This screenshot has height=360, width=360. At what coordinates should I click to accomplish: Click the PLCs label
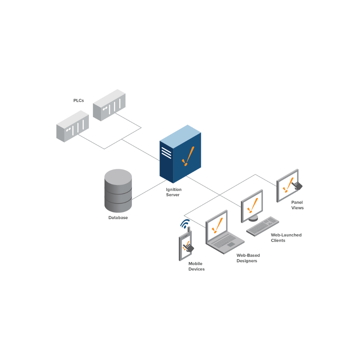coord(79,100)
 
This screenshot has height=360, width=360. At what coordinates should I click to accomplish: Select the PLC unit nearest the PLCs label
coord(109,105)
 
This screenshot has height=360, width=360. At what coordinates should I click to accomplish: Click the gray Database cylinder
coord(118,191)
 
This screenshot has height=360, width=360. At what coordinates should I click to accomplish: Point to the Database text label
coord(118,218)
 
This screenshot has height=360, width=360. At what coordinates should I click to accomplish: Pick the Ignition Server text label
coord(174,192)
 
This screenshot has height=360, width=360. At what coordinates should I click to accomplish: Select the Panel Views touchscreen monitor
coord(287,186)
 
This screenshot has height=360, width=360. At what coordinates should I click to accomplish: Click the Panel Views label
coord(297,205)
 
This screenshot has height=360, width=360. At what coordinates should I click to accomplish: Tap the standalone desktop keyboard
coord(263,226)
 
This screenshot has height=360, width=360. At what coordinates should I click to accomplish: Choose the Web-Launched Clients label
coord(286,238)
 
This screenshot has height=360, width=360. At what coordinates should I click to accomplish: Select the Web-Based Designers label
coord(248,258)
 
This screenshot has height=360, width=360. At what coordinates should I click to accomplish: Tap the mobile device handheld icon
coord(185,246)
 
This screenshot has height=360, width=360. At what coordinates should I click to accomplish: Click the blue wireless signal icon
coord(185,224)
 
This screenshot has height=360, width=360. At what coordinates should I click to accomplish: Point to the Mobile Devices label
coord(196,266)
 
